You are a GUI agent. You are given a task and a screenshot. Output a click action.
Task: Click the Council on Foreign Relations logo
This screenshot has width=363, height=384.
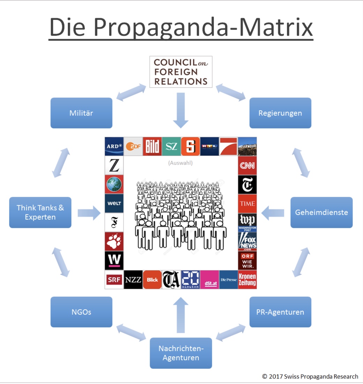tap(180, 72)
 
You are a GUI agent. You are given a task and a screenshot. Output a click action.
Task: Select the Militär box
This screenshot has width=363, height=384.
tap(81, 113)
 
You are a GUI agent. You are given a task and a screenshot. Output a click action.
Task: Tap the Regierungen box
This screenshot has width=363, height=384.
tap(280, 113)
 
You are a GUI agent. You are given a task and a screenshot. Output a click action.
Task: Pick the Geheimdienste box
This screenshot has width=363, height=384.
tap(321, 212)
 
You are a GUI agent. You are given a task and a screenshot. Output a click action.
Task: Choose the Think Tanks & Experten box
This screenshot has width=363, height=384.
tap(40, 212)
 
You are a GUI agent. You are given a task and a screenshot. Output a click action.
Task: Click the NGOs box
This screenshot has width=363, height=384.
tap(81, 312)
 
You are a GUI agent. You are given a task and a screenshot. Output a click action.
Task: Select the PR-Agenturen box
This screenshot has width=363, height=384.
tap(280, 312)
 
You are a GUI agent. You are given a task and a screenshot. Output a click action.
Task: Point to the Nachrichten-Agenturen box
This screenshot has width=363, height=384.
tap(181, 353)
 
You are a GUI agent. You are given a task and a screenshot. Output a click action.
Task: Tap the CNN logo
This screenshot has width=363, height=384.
tap(247, 165)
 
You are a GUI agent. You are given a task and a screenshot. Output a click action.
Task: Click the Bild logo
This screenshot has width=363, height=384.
tap(152, 147)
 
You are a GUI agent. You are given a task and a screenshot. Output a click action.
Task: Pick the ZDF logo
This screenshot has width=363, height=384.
tap(133, 147)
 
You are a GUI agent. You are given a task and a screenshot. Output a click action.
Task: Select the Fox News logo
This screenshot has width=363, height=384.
tap(247, 241)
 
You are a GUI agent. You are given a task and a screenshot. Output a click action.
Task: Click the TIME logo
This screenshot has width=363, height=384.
tap(247, 204)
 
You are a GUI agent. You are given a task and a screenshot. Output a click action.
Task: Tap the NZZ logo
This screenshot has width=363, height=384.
tap(133, 280)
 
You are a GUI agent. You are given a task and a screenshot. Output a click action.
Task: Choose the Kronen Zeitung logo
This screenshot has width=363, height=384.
tap(247, 280)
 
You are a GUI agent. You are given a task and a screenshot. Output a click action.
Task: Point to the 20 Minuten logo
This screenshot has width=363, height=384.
tap(190, 280)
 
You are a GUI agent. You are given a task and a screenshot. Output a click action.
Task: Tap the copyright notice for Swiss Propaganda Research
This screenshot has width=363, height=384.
tap(310, 376)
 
